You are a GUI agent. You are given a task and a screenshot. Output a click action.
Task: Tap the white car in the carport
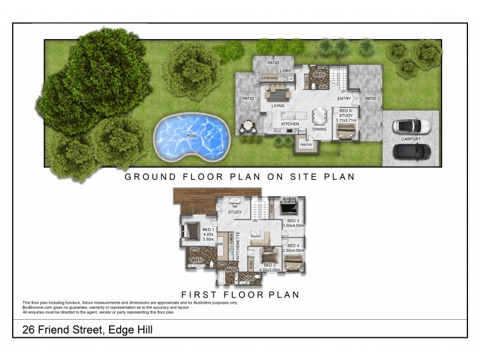411,127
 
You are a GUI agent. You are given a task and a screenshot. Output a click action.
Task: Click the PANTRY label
306,145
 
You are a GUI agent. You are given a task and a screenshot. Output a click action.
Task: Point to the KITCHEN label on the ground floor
290,124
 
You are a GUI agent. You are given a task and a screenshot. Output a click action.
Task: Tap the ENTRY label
344,99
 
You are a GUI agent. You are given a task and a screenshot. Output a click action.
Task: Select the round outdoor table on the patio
247,127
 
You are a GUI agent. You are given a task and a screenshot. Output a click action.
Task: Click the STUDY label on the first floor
235,212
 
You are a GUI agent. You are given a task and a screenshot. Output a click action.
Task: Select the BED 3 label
293,221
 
